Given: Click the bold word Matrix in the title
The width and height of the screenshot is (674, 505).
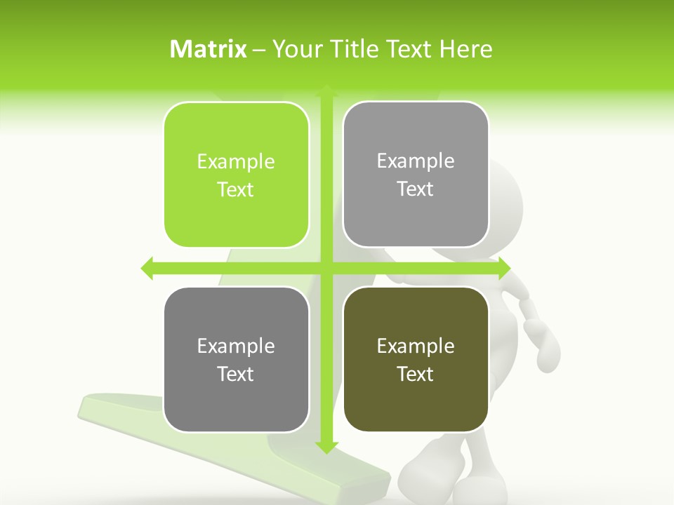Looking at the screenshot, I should [x=209, y=49].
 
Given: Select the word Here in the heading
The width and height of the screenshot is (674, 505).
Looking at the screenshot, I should [x=465, y=49].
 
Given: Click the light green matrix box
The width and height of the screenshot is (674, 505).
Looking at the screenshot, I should [x=236, y=175].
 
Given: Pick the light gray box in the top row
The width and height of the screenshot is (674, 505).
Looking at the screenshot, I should [x=416, y=175].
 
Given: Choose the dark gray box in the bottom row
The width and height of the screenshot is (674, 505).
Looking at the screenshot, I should [x=236, y=359].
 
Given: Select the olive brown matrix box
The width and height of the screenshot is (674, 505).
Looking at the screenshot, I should [x=416, y=359].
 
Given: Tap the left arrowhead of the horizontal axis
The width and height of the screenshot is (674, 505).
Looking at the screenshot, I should [x=147, y=268].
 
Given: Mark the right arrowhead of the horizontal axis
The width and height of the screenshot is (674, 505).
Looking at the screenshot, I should [x=504, y=268].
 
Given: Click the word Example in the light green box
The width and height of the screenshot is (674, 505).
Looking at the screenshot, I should [x=236, y=162].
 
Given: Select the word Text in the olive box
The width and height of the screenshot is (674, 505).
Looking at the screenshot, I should [x=416, y=374].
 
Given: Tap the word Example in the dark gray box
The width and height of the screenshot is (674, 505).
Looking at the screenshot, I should [x=236, y=346].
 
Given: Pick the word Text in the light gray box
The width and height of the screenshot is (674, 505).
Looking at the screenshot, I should [x=416, y=189].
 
